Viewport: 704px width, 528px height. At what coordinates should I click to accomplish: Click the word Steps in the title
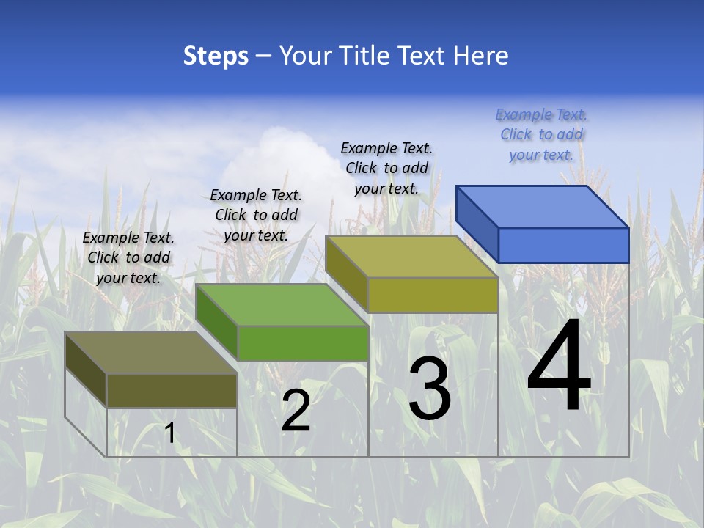(x=216, y=56)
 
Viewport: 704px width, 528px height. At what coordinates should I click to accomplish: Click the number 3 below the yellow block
(x=430, y=389)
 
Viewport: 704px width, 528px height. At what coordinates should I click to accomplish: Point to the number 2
(x=296, y=411)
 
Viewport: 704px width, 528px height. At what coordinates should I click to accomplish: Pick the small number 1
(x=170, y=433)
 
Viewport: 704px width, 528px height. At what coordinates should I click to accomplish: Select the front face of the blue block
(x=563, y=245)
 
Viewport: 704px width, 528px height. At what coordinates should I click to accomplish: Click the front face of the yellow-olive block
(x=433, y=295)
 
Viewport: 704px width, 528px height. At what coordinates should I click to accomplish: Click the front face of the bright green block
(x=302, y=343)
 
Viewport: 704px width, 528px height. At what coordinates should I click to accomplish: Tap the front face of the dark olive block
(x=172, y=390)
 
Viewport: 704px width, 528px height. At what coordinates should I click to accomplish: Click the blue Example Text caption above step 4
(x=541, y=135)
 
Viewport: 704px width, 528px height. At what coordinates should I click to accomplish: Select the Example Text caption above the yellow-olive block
(x=386, y=169)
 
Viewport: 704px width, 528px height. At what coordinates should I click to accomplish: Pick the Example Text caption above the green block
(x=256, y=216)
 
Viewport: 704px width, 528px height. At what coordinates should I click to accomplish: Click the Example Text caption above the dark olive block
(x=128, y=258)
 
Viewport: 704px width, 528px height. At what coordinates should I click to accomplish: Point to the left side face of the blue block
(x=477, y=224)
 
